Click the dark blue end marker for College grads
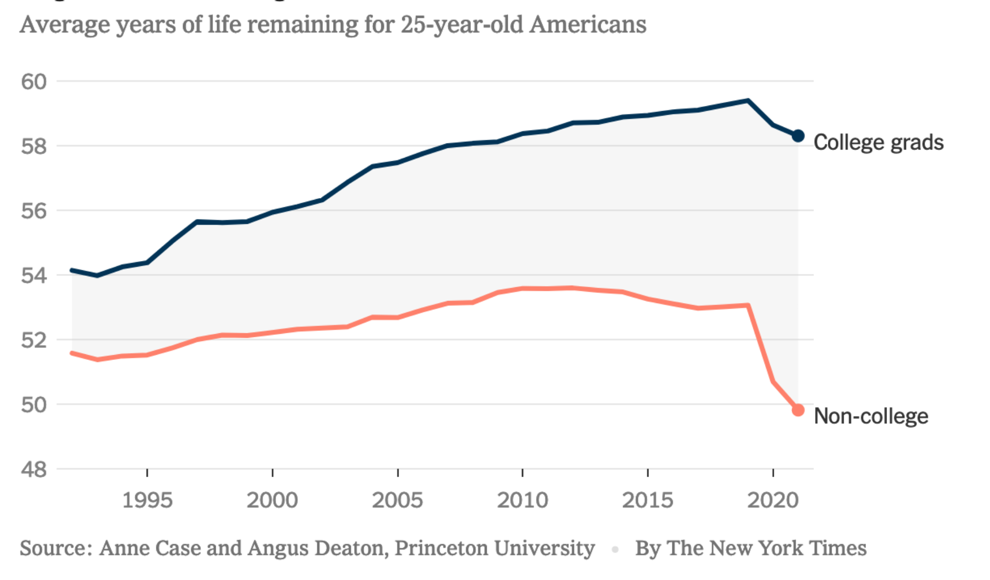(x=798, y=136)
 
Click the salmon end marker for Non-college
(x=798, y=410)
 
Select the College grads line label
(x=878, y=143)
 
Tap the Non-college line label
(x=871, y=416)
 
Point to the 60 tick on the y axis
(x=33, y=81)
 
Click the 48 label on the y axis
(x=33, y=469)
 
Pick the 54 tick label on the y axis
(x=33, y=275)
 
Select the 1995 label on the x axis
(x=147, y=500)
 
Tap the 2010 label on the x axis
(x=522, y=500)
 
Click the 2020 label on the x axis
(x=773, y=500)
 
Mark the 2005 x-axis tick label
(x=397, y=500)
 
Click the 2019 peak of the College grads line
(x=748, y=101)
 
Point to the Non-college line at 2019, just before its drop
(x=748, y=306)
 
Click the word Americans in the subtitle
(x=587, y=25)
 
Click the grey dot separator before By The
(x=615, y=550)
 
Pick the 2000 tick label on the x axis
(x=272, y=500)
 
